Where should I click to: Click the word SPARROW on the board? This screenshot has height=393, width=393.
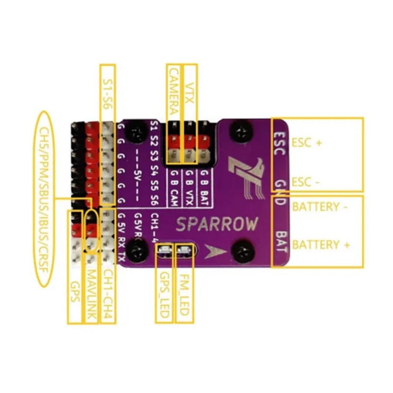click(x=217, y=225)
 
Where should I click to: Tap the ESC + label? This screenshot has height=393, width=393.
click(x=307, y=143)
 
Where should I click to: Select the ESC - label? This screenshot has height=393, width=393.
click(x=306, y=182)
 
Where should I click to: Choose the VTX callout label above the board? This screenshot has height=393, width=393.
click(x=189, y=91)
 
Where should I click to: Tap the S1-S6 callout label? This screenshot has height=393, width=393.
click(x=108, y=92)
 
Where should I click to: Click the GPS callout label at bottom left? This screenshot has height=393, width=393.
click(x=74, y=294)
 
